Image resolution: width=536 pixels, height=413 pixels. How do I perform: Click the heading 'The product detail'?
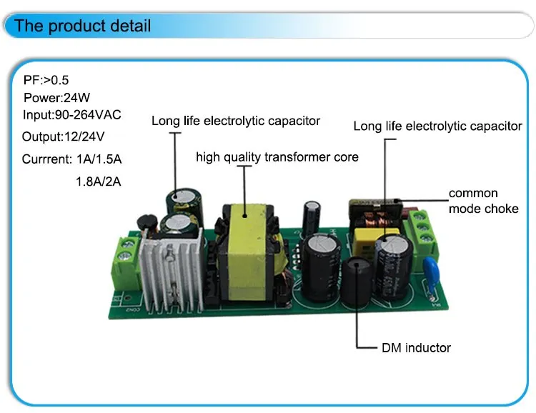(82, 26)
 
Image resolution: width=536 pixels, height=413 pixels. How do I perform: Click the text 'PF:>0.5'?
(46, 80)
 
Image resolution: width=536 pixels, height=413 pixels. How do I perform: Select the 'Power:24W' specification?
(56, 98)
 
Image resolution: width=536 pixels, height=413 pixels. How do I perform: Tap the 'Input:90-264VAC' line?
(71, 115)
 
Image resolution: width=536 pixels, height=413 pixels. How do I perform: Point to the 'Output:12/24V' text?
(63, 136)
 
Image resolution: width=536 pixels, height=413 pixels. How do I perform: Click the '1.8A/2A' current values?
(99, 181)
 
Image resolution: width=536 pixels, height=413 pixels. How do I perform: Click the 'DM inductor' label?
(416, 348)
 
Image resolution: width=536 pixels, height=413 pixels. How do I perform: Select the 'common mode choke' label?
(483, 201)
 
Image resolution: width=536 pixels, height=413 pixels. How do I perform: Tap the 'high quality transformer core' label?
(277, 157)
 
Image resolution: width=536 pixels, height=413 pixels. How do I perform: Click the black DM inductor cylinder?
(357, 282)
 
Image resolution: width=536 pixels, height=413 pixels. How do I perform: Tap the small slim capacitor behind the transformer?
(312, 218)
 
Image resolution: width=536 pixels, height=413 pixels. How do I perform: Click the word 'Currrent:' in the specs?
(47, 159)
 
